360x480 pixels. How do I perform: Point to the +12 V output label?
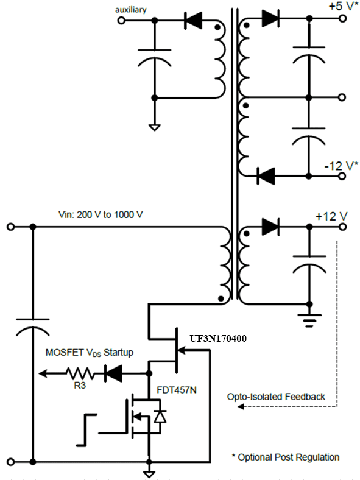pos(331,216)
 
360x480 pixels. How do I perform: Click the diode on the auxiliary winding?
pos(193,20)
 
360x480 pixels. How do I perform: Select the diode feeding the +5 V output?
pos(270,19)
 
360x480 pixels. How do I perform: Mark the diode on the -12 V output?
pos(266,176)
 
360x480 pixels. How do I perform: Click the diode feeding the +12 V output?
pos(270,227)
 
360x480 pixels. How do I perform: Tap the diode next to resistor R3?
pos(113,373)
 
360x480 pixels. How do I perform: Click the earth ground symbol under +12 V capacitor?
pos(308,316)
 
